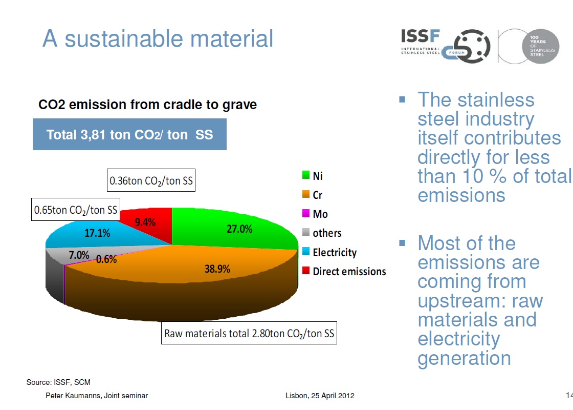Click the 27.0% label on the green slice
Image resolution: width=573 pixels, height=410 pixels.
coord(239,229)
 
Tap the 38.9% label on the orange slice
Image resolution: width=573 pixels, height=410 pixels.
coord(217,269)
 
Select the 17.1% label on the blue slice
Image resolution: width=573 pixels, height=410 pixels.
coord(97,233)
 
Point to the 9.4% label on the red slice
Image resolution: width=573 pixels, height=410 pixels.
coord(145,222)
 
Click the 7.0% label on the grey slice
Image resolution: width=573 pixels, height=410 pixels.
coord(79,255)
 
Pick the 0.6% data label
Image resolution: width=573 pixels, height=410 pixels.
coord(106,259)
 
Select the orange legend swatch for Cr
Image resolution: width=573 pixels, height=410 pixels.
coord(306,195)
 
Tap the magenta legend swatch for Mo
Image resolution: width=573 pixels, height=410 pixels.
coord(306,214)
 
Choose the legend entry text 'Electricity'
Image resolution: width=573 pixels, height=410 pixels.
coord(335,252)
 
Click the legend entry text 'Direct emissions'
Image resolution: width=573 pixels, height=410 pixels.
coord(349,271)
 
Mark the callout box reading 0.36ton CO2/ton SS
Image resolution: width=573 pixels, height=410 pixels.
coord(152,180)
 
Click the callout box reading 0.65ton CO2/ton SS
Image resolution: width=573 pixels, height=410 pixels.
coord(76,210)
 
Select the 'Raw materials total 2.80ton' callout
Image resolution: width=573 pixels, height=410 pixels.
coord(249,334)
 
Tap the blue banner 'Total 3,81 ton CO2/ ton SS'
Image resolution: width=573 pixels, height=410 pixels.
coord(129,135)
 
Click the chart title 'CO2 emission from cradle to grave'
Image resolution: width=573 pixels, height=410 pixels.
coord(148,105)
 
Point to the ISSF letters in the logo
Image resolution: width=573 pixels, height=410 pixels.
coord(420,36)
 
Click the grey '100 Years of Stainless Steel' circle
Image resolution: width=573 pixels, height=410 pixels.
coord(540,46)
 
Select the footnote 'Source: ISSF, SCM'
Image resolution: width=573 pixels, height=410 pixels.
coord(58,382)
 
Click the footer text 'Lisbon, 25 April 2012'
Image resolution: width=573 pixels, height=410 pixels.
coord(320,396)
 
